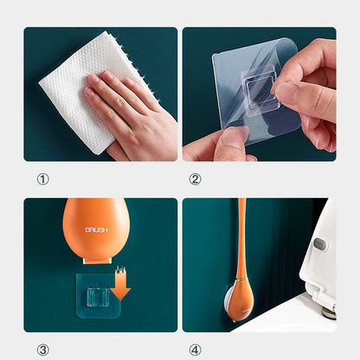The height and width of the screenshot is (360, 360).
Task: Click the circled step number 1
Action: point(42,179)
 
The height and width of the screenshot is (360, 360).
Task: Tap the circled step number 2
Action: point(195,179)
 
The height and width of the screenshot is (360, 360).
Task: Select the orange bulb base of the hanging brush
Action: point(240,299)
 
